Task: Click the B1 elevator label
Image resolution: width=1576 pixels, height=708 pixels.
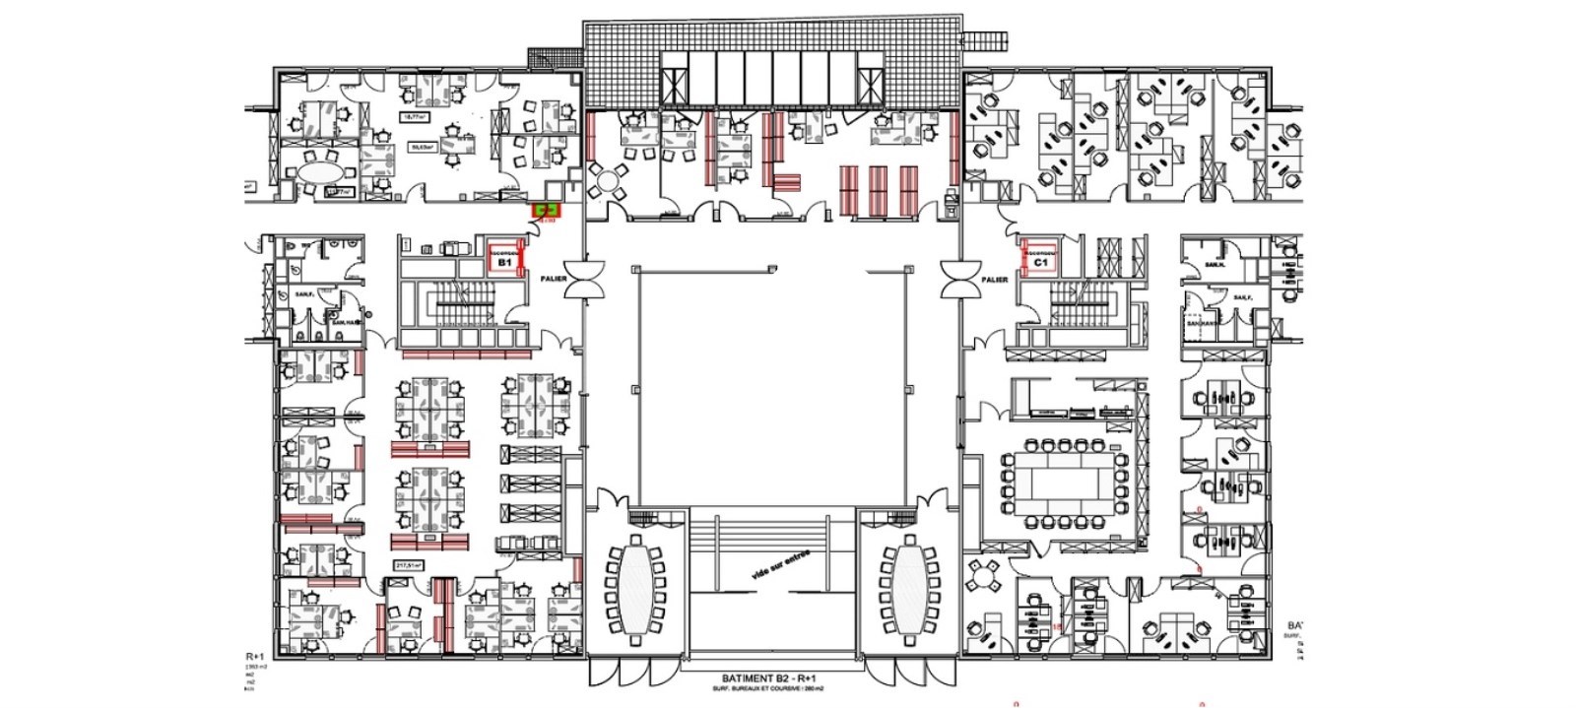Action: (503, 264)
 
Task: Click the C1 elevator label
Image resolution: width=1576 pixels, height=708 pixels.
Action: (1040, 264)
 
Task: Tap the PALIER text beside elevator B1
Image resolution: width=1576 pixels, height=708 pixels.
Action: (554, 280)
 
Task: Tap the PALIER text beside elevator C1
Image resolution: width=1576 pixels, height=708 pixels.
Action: (995, 280)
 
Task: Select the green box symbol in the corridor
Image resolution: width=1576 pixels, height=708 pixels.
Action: (546, 209)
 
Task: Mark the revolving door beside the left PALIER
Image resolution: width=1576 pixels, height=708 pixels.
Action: (588, 279)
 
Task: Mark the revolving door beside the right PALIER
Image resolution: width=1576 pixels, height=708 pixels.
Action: (957, 279)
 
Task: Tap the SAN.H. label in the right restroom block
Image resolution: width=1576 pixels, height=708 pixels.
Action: (1215, 264)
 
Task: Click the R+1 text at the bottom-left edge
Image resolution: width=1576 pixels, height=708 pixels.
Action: (254, 656)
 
